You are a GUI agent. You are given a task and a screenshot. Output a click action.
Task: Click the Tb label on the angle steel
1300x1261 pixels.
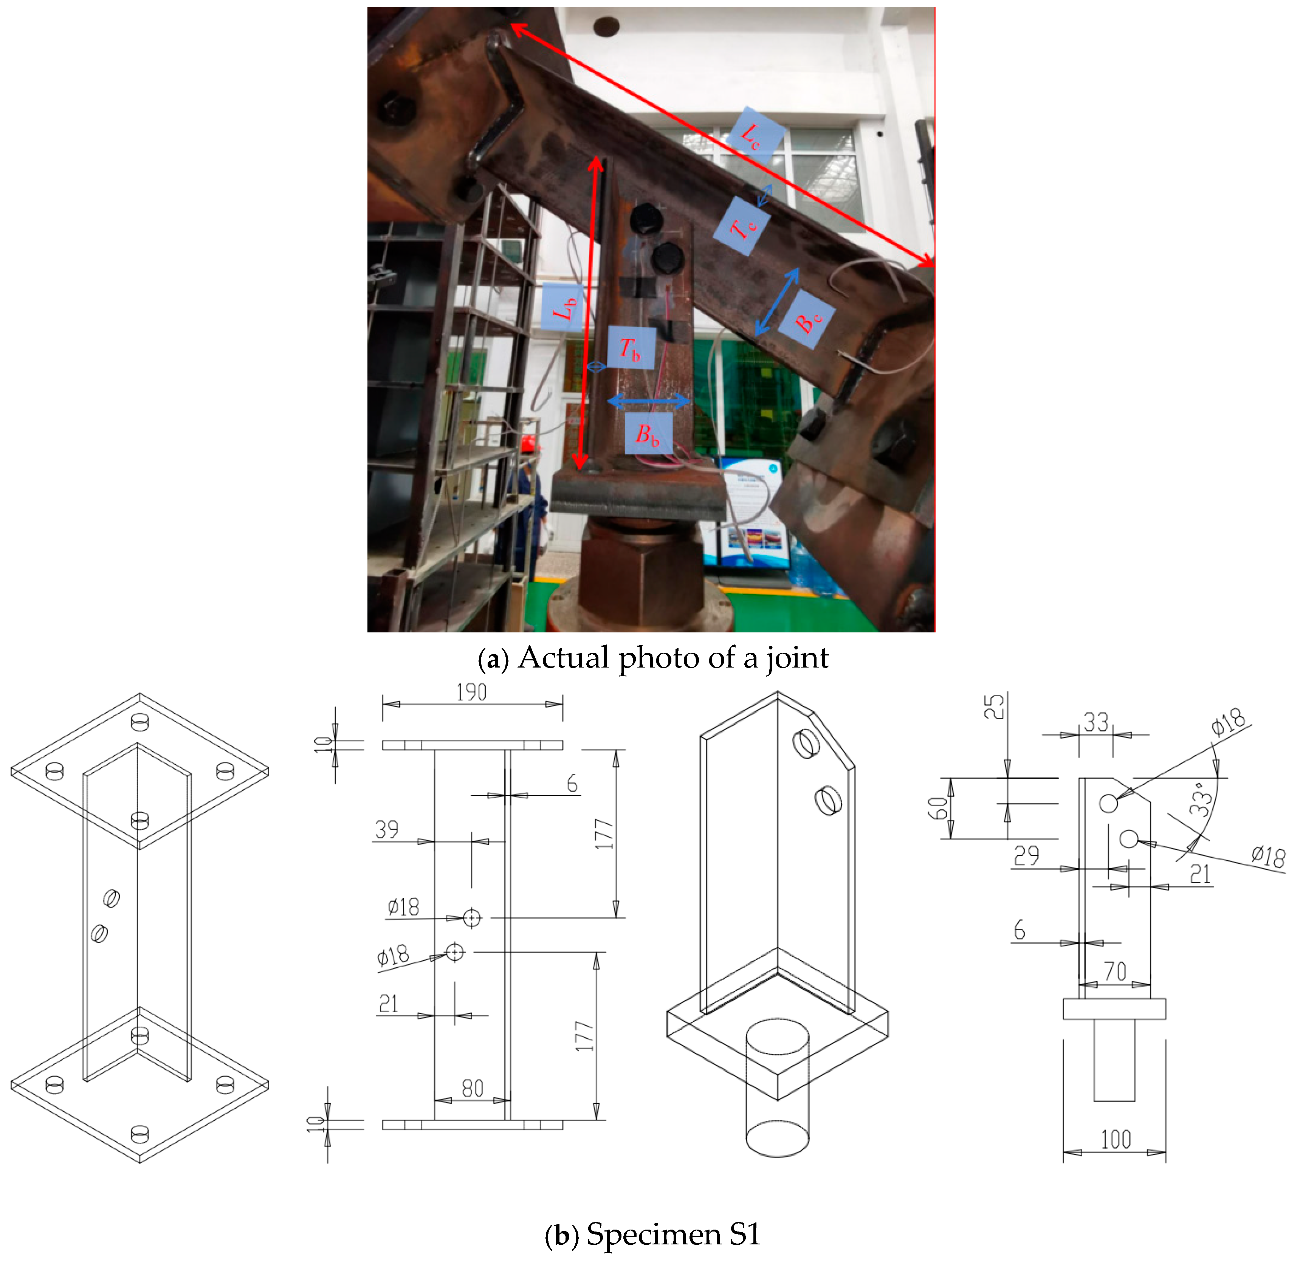[x=631, y=348]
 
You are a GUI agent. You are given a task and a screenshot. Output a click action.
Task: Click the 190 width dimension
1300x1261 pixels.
[x=472, y=692]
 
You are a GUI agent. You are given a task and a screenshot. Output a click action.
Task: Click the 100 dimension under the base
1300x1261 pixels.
[x=1116, y=1140]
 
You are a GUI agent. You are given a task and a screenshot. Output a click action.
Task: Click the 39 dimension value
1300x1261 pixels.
[x=387, y=829]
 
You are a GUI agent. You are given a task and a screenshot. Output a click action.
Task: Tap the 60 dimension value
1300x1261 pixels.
[x=937, y=808]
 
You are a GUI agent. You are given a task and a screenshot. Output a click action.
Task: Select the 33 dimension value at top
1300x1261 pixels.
[x=1096, y=722]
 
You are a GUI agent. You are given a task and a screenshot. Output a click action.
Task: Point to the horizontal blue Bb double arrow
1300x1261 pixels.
[x=649, y=401]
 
